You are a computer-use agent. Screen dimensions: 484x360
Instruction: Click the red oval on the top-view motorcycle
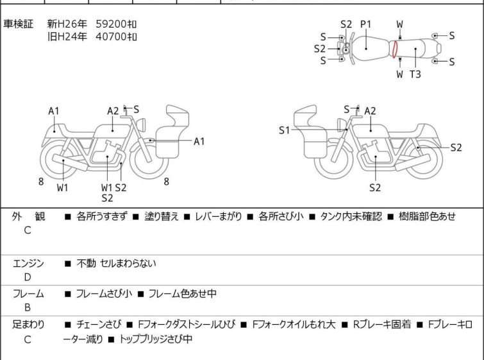tap(395, 49)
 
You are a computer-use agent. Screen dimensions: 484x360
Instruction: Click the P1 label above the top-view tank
tap(366, 24)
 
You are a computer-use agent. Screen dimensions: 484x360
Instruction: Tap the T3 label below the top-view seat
tap(415, 74)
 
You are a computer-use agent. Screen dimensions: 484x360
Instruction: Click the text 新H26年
tap(67, 24)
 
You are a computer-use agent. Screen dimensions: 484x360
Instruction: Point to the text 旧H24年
tap(67, 37)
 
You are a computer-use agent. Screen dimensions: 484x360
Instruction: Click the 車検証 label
tap(18, 24)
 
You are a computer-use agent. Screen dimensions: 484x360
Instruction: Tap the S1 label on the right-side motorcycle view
tap(284, 130)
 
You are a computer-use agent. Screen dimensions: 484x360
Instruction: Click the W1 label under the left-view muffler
tap(62, 187)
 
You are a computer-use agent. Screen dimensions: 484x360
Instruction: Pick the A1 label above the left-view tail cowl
tap(54, 111)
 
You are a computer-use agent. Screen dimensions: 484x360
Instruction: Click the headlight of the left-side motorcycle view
tap(141, 124)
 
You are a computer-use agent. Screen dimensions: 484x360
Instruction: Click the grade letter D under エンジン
tap(28, 277)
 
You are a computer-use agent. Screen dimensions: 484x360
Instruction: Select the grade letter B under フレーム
tap(28, 307)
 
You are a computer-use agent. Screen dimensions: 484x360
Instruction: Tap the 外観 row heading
tap(28, 216)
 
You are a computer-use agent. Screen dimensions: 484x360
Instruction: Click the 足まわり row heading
tap(28, 325)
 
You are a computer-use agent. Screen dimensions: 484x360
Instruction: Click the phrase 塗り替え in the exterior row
tap(162, 216)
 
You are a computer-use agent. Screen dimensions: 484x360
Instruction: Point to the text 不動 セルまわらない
tap(117, 264)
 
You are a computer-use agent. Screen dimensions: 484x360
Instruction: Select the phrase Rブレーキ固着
tap(382, 325)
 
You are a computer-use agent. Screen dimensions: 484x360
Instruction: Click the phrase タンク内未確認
tap(351, 216)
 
